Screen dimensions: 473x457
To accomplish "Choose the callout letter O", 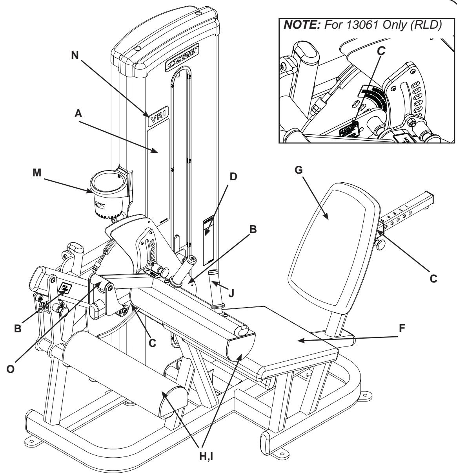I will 14,359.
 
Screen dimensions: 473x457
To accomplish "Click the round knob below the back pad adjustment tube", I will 380,244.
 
